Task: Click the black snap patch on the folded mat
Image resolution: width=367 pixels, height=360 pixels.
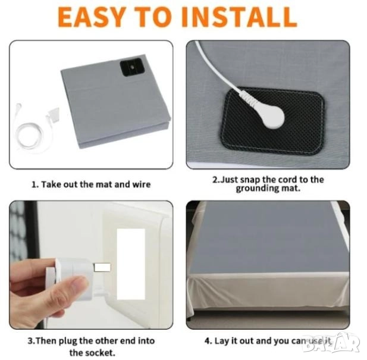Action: (131, 67)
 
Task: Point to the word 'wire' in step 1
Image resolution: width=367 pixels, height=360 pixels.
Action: (142, 184)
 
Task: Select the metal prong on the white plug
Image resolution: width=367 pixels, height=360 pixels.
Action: (102, 267)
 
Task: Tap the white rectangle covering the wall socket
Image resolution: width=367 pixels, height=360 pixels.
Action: (131, 264)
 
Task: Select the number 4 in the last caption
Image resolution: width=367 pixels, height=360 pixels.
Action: (208, 341)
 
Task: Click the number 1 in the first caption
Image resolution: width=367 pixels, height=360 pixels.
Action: (34, 185)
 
